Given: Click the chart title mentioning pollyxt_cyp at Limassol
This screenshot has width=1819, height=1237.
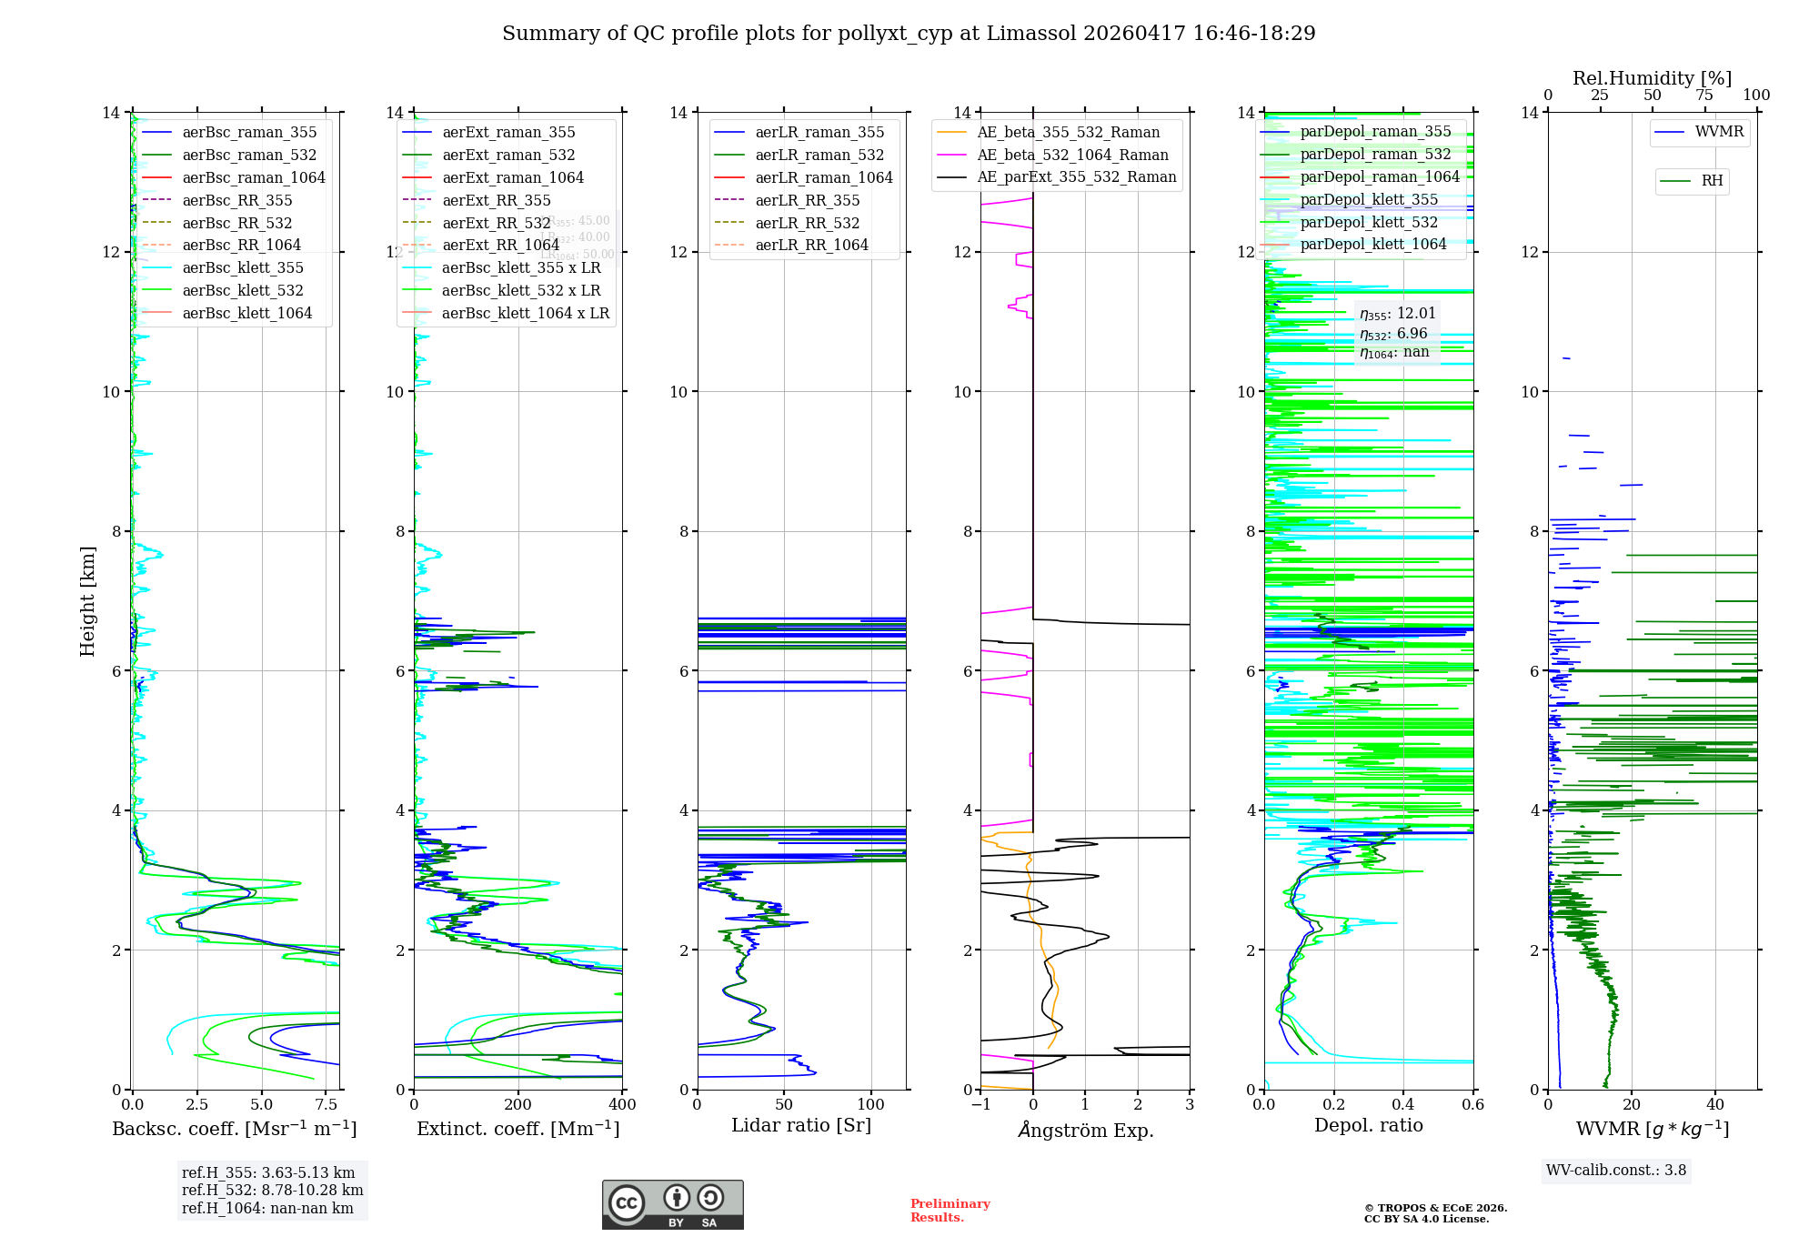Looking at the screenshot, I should [909, 34].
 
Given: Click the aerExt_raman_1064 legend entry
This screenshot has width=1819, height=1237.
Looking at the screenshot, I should [513, 177].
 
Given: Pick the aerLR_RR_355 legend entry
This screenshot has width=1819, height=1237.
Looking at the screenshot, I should [807, 200].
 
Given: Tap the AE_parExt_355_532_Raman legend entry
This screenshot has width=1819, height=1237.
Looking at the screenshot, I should [1076, 176].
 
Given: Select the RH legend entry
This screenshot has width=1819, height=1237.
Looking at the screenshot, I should [1712, 181].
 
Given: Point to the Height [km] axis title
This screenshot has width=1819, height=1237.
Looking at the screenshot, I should [87, 600].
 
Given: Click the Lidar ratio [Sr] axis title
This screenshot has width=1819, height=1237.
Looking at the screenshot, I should [801, 1125].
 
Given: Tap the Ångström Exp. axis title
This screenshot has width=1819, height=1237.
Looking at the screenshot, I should [1085, 1130].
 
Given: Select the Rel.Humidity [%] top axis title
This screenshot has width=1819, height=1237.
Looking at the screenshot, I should [1652, 78].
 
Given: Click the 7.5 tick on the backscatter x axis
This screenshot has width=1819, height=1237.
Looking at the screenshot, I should [327, 1105].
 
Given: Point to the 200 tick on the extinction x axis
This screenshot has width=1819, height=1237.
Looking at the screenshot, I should [518, 1105].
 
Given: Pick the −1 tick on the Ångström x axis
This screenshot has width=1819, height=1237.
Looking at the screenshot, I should [980, 1105].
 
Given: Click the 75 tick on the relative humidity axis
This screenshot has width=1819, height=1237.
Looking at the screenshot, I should [1704, 96].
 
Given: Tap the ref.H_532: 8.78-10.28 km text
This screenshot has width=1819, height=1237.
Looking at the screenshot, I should [272, 1190].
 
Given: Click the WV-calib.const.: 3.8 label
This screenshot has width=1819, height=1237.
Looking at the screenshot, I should [1616, 1171].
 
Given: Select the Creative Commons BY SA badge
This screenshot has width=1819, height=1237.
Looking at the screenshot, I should [672, 1204].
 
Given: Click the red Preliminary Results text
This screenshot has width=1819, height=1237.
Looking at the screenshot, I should [950, 1210].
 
